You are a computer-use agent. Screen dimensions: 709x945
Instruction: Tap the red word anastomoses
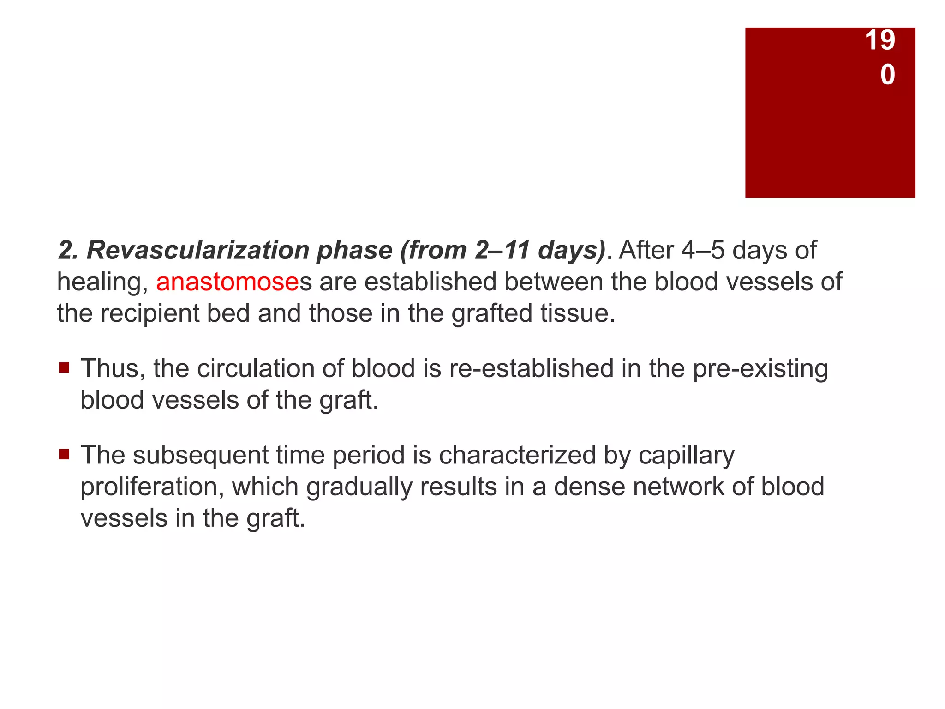coord(227,282)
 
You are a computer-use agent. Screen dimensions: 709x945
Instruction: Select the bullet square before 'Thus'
coord(64,368)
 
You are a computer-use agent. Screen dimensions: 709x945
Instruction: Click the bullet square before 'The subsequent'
coord(64,455)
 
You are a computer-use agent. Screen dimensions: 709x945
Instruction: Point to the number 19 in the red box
coord(880,40)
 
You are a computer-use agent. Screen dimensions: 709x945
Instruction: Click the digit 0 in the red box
coord(887,75)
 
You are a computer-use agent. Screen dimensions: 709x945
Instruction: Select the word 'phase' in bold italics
coord(354,251)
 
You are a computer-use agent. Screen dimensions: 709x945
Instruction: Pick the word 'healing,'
coord(102,282)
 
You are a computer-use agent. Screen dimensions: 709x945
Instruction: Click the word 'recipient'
coord(150,314)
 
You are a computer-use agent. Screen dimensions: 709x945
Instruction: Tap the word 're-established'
coord(531,369)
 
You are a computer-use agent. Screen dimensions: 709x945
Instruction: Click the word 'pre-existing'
coord(760,369)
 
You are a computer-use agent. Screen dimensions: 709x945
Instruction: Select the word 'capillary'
coord(687,456)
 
